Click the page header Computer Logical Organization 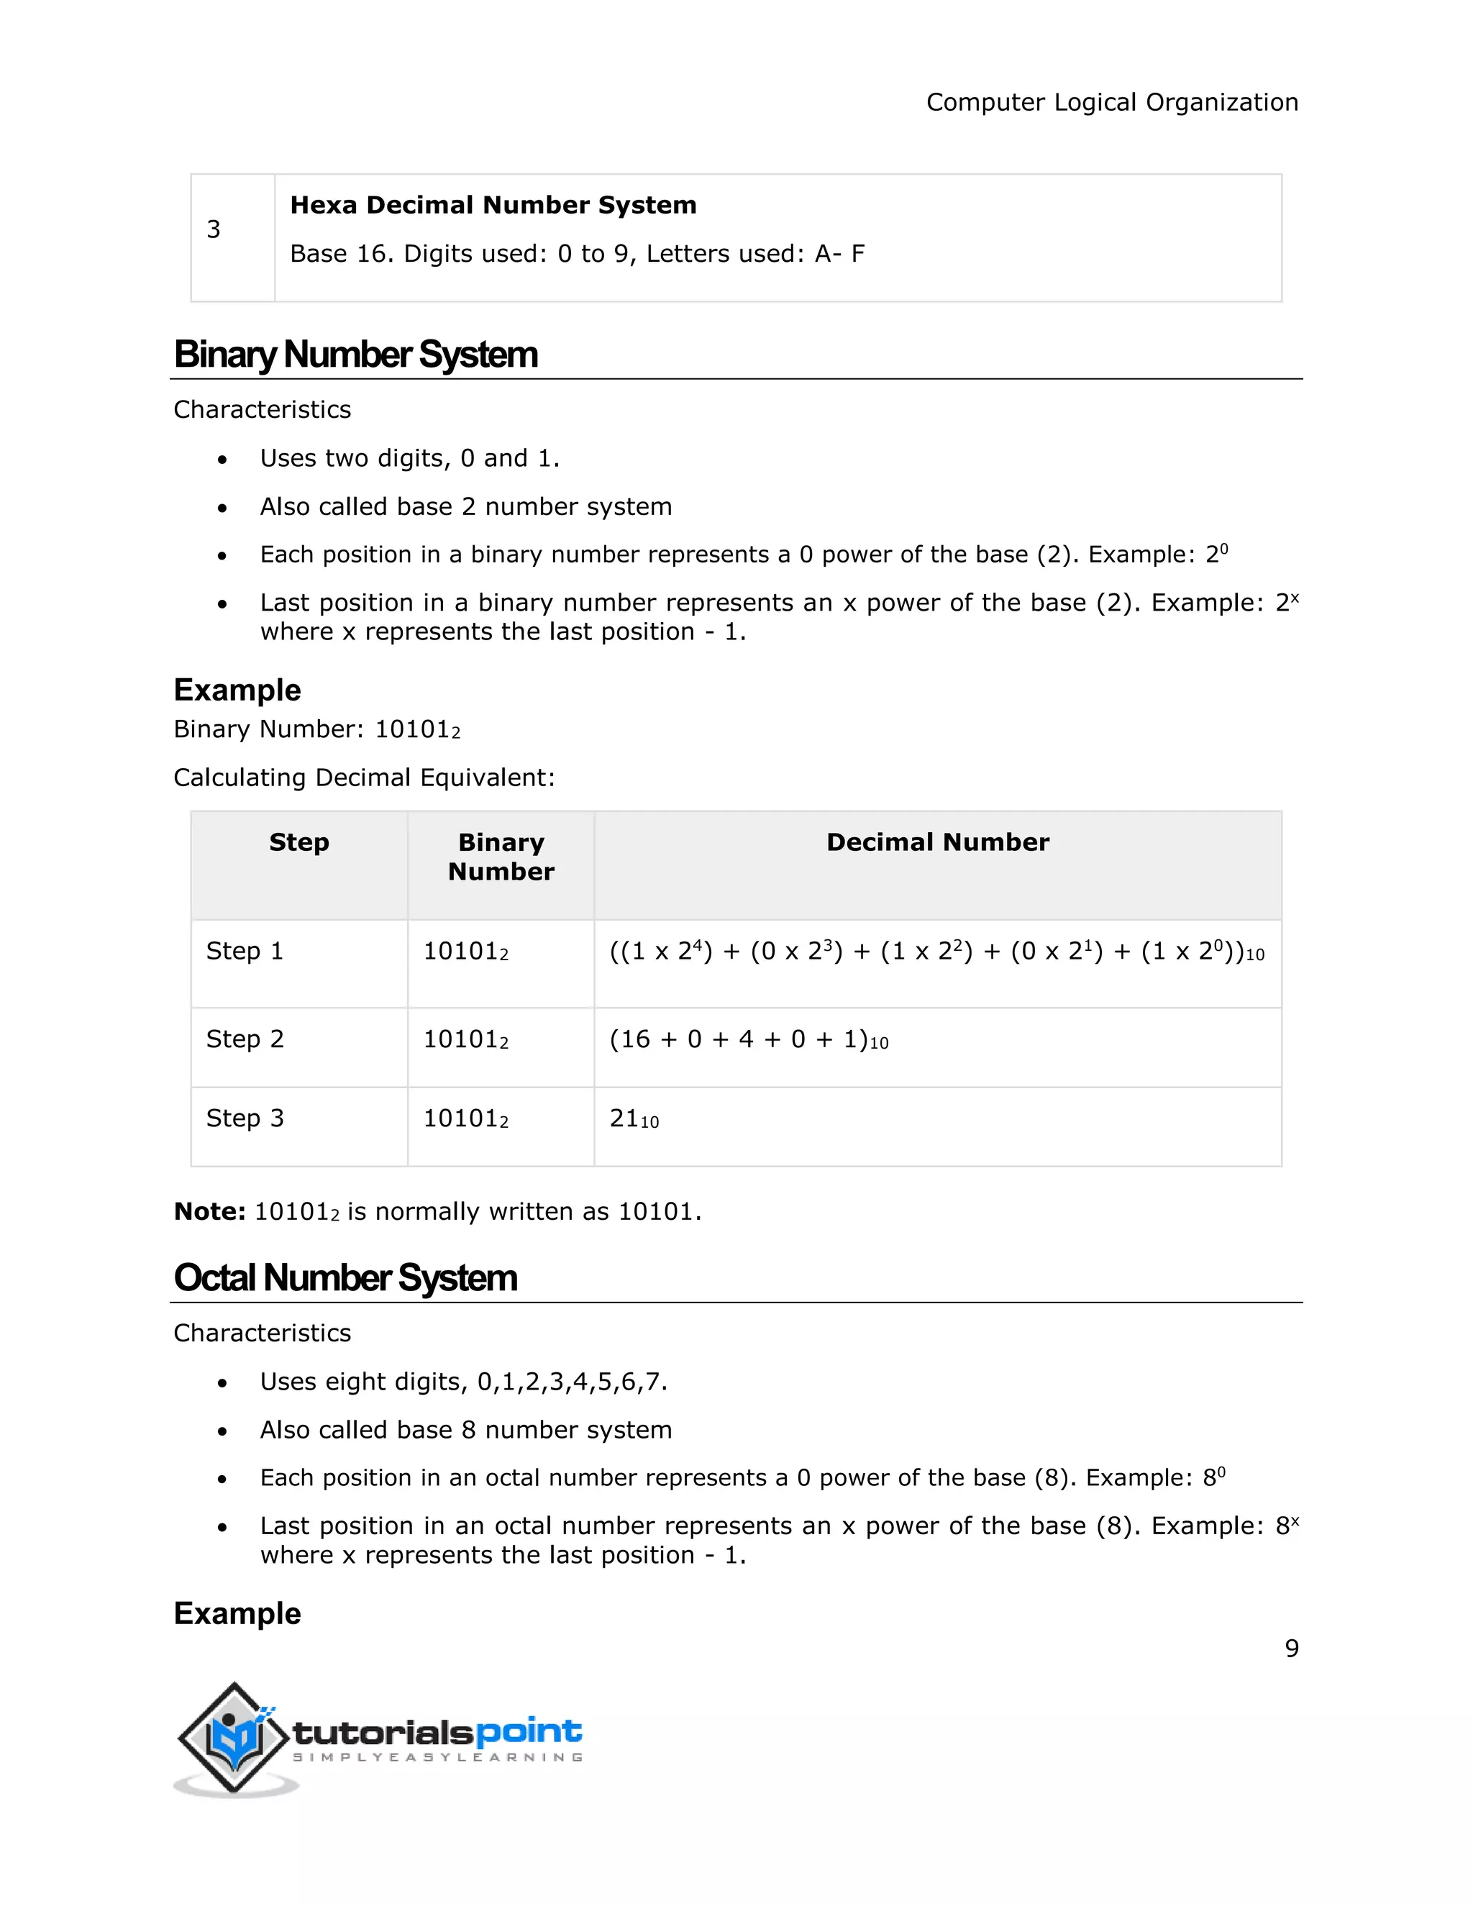coord(1112,102)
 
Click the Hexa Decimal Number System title coord(493,205)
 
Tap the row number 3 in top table coord(214,229)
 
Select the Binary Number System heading coord(355,355)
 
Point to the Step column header coord(298,842)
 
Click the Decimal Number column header coord(937,842)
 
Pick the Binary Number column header coord(501,857)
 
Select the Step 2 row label coord(245,1039)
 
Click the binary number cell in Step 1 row coord(465,952)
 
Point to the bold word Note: coord(209,1211)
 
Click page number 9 coord(1292,1649)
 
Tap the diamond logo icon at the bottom coord(233,1738)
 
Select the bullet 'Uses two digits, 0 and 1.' coord(409,458)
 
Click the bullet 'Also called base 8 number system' coord(465,1430)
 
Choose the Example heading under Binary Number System coord(237,690)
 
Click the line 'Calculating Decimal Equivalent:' coord(364,778)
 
